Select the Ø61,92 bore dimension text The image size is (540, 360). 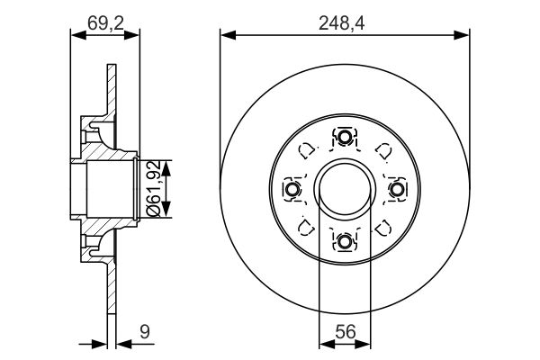(x=154, y=189)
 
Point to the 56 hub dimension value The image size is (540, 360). (x=345, y=331)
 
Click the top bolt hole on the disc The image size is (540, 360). (x=345, y=138)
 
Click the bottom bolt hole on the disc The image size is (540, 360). (x=345, y=240)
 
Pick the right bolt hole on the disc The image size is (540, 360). (x=396, y=189)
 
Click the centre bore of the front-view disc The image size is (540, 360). (x=345, y=189)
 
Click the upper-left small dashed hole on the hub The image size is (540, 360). (x=307, y=150)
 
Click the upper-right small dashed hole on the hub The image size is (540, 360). (x=382, y=150)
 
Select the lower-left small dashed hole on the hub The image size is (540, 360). (x=307, y=226)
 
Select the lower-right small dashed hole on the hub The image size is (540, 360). (x=382, y=226)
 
